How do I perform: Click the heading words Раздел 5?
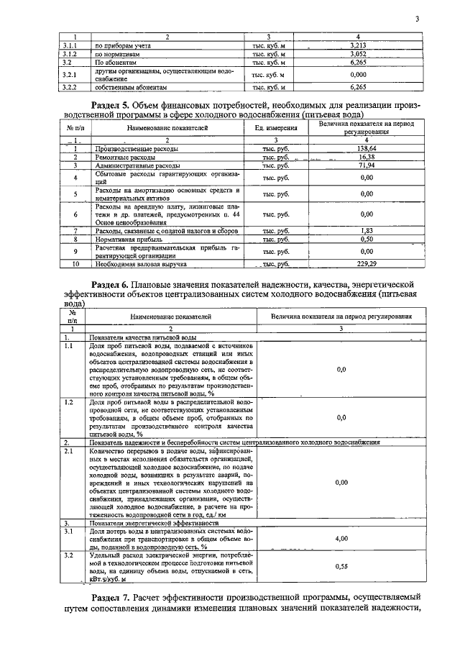pyautogui.click(x=120, y=105)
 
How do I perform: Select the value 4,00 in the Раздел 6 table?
pyautogui.click(x=341, y=538)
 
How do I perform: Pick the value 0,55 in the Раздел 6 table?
pyautogui.click(x=341, y=567)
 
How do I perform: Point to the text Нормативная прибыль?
pyautogui.click(x=124, y=240)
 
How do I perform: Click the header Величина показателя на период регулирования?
pyautogui.click(x=341, y=317)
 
